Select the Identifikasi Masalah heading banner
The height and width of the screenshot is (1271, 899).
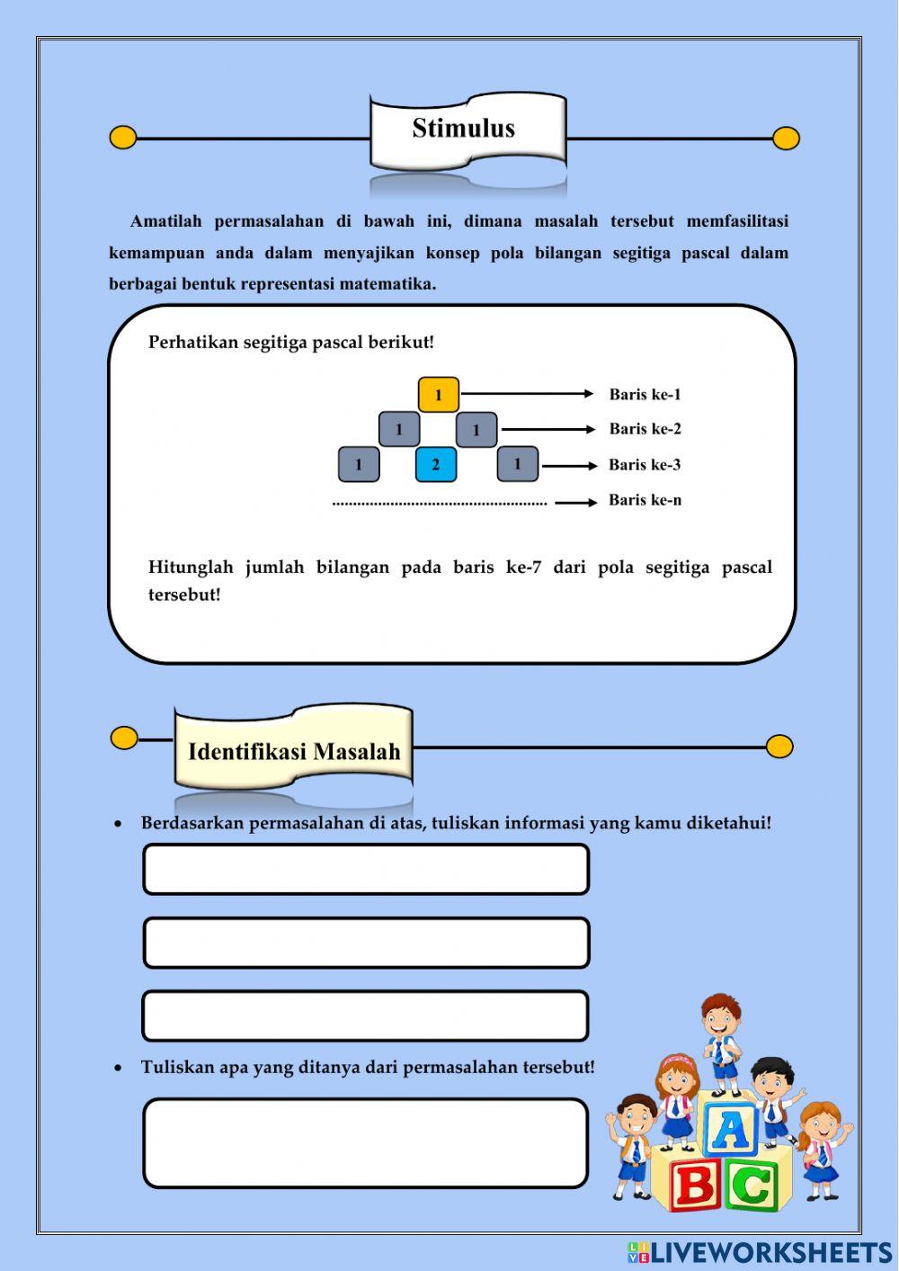tap(294, 750)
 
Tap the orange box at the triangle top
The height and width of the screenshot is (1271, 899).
tap(439, 395)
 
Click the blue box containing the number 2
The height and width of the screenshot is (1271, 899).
tap(436, 465)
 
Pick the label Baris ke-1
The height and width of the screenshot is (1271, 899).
tap(645, 394)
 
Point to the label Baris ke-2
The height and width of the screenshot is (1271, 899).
tap(645, 429)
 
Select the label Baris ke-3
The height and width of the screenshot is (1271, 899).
tap(645, 465)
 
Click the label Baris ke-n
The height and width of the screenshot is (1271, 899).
tap(645, 500)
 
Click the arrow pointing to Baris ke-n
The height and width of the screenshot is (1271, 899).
tap(575, 502)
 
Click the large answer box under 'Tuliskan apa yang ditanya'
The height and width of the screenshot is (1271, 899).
tap(365, 1142)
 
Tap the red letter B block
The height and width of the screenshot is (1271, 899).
tap(695, 1184)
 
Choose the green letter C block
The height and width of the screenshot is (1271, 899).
tap(753, 1186)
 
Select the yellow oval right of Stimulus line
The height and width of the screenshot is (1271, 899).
tap(786, 139)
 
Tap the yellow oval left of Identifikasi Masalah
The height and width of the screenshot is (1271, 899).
tap(124, 738)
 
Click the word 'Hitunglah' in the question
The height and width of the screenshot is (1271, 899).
tap(191, 568)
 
